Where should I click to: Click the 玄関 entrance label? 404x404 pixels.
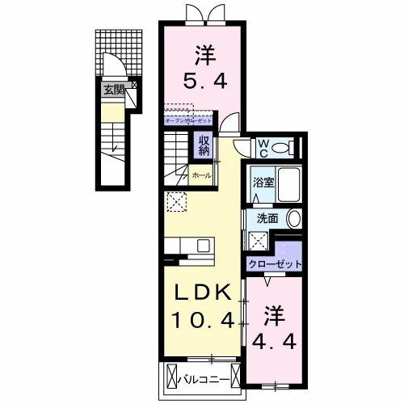click(x=113, y=90)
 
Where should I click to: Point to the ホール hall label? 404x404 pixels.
click(x=201, y=175)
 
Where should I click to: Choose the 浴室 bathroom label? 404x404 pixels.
click(x=263, y=183)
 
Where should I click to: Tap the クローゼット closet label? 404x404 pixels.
click(x=274, y=264)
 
